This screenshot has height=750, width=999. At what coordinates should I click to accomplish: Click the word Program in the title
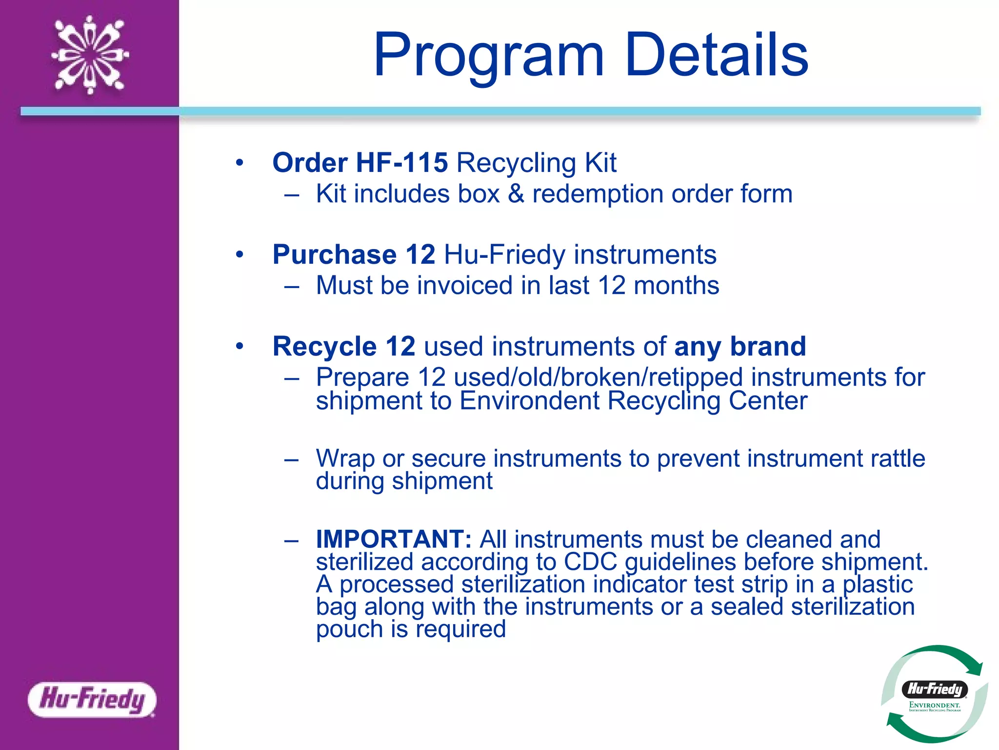pos(489,55)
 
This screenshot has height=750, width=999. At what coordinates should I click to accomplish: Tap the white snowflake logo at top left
pos(90,55)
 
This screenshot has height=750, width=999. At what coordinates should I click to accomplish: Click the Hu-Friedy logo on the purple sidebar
pos(92,699)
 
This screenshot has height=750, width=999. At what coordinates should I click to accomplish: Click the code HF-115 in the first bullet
pos(401,163)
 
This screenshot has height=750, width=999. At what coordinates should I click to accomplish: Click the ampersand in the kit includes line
pos(516,194)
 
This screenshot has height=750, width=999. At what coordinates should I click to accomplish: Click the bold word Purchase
pos(335,254)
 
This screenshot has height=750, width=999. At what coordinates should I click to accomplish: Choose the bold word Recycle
pos(324,346)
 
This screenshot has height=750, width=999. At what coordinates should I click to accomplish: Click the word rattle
pos(895,458)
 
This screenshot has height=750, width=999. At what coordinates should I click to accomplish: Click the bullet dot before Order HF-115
pos(239,163)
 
